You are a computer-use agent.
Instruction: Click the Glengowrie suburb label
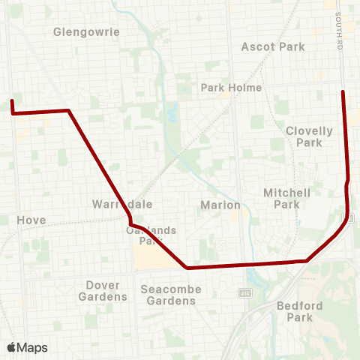coord(87,32)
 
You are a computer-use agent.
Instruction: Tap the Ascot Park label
coord(273,46)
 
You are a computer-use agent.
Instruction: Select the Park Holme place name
coord(231,88)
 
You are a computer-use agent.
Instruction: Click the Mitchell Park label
coord(286,198)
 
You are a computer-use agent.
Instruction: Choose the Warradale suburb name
coord(112,204)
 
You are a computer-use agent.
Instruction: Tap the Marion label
coord(220,205)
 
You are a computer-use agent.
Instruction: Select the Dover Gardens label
coord(102,291)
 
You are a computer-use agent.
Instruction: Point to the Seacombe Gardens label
coord(169,295)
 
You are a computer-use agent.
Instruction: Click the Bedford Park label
coord(299,311)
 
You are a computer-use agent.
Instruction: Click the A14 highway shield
coord(244,291)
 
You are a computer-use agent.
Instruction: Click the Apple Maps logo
coord(27,347)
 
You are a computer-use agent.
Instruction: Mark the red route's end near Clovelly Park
coord(343,91)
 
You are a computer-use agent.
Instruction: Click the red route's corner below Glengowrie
coord(69,111)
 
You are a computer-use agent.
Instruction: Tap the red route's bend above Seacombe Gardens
coord(187,267)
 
